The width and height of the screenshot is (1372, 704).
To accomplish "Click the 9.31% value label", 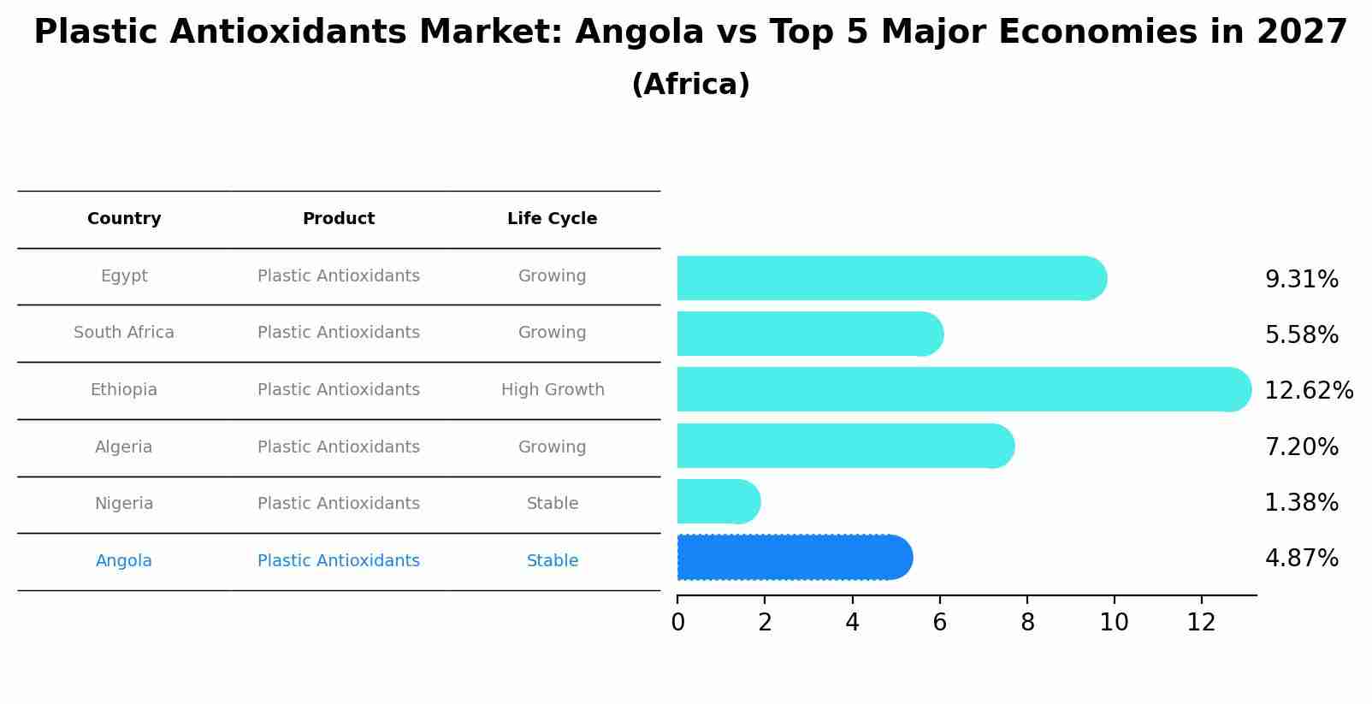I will point(1301,280).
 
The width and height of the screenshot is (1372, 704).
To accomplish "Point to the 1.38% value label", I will point(1301,503).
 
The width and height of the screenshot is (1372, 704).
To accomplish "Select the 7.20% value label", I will point(1301,447).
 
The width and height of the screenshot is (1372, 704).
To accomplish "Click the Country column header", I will point(124,219).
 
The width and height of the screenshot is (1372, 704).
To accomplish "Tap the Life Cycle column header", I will point(552,219).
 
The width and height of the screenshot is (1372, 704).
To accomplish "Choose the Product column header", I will point(339,219).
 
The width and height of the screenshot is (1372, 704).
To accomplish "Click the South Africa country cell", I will point(124,333).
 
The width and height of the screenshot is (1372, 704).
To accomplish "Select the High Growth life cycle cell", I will point(553,390).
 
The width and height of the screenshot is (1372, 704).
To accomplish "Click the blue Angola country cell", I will point(124,561).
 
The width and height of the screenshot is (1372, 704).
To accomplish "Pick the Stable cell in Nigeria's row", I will point(553,504).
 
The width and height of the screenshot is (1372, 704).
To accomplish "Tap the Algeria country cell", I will point(124,447).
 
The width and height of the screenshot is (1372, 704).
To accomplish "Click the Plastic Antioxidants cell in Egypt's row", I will point(339,276).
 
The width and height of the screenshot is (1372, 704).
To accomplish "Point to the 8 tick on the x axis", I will point(1027,623).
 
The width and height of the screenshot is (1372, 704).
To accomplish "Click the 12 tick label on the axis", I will point(1201,623).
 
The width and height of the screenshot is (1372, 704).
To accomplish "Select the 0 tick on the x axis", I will point(677,623).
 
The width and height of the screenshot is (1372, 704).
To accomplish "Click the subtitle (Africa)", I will point(690,85).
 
